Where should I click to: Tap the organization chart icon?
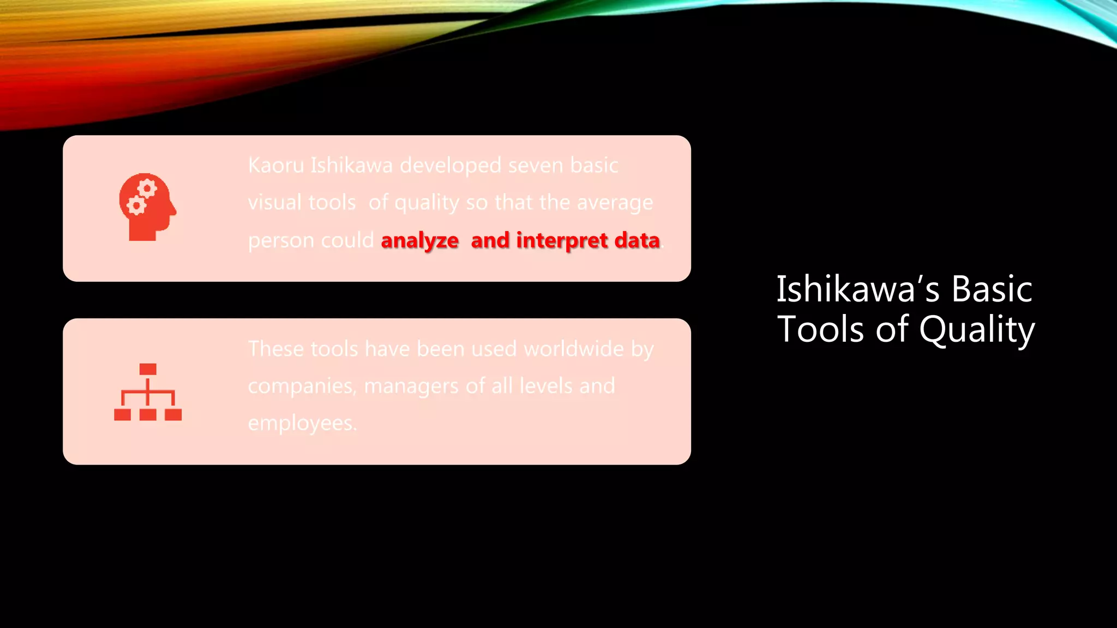[148, 392]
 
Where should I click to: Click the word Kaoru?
[275, 165]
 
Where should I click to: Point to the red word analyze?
[419, 240]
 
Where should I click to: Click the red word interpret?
[562, 240]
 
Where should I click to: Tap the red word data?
[637, 240]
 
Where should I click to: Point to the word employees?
[302, 424]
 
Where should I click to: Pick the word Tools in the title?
[820, 330]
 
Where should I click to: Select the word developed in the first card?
[450, 165]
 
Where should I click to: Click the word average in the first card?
[615, 203]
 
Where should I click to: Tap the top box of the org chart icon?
[148, 369]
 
